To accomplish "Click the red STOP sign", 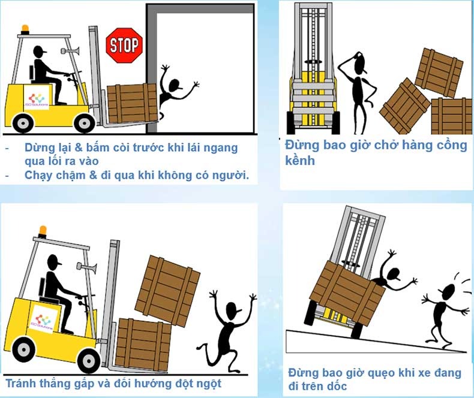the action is tap(124, 46).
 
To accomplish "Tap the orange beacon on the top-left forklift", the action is tap(25, 29).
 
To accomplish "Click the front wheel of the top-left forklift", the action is tap(85, 123).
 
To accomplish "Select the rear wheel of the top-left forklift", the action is tap(23, 123).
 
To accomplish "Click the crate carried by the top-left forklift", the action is tap(132, 103).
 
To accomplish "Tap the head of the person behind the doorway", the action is tap(175, 86).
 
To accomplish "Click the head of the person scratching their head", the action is tap(361, 64).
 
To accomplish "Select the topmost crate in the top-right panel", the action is tap(439, 73).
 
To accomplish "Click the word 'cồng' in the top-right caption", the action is tap(451, 146).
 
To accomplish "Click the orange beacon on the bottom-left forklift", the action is tap(43, 231).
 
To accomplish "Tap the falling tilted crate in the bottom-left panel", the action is tap(167, 291).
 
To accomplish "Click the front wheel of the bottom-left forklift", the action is tap(89, 361).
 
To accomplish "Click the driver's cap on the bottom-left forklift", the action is tap(55, 260).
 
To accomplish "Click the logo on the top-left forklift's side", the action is tap(37, 98).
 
